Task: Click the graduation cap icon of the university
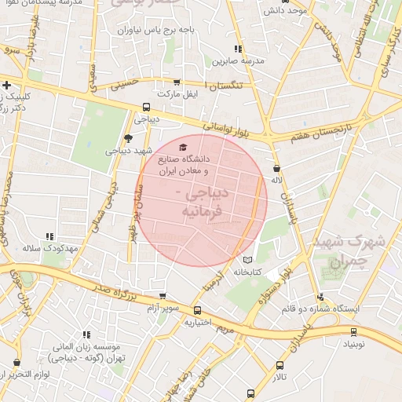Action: pos(183,147)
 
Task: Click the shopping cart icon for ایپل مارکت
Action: pos(176,82)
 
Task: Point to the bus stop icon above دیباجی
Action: pos(146,108)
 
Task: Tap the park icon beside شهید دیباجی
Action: pos(128,138)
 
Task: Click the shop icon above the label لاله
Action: pos(276,168)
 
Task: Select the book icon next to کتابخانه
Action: pos(248,259)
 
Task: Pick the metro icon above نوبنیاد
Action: pos(354,331)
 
